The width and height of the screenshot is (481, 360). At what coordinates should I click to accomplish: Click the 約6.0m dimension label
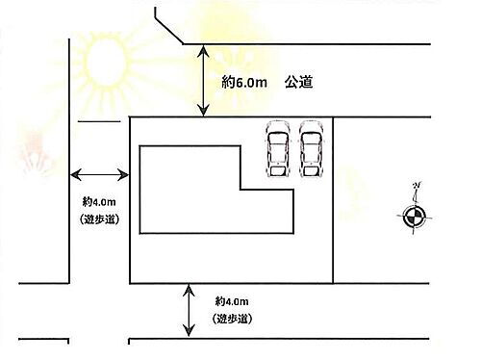click(x=243, y=85)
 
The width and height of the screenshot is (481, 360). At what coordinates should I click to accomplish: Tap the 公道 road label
click(x=298, y=85)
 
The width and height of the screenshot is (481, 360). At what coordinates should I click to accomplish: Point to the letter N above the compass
click(x=415, y=187)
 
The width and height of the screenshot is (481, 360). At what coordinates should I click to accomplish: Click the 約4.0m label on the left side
click(x=99, y=202)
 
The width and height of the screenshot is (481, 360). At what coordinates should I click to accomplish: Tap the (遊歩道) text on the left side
click(x=99, y=219)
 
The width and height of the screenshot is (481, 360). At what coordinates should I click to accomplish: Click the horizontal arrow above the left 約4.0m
click(x=100, y=174)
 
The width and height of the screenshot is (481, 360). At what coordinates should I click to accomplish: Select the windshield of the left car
click(x=278, y=141)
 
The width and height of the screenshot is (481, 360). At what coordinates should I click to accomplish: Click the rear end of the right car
click(x=311, y=172)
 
